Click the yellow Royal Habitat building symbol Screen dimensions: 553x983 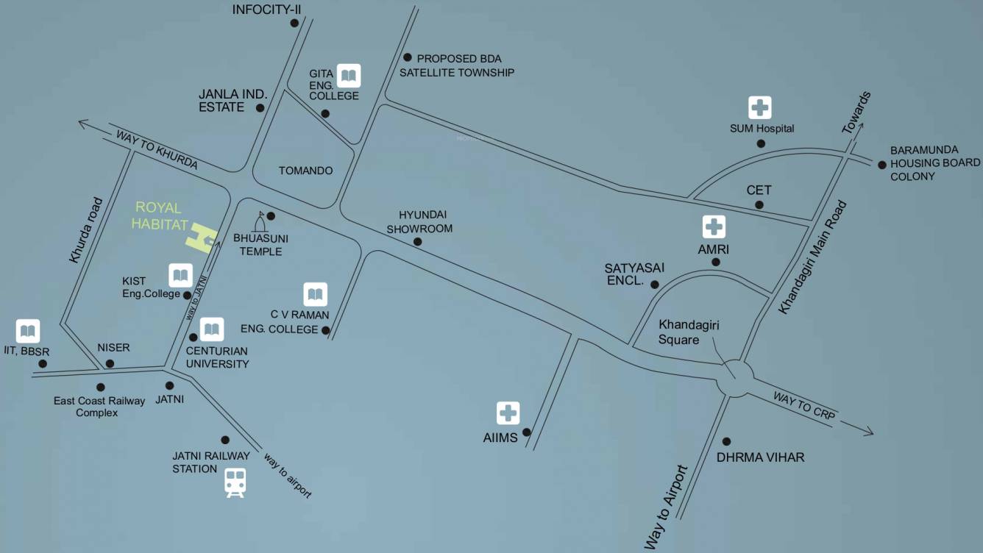coord(200,239)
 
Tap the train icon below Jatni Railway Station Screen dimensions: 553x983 coord(235,483)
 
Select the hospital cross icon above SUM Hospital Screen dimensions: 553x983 coord(759,107)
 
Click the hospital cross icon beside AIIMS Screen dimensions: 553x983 coord(508,413)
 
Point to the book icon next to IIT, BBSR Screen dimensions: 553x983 coord(28,331)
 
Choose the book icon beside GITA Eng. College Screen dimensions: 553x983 coord(348,75)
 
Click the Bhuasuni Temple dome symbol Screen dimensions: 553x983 coord(260,222)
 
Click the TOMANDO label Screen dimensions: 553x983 coord(305,171)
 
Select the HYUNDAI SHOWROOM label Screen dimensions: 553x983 coord(425,221)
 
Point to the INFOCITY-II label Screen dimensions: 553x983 coord(267,10)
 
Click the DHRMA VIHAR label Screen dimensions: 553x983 coord(760,457)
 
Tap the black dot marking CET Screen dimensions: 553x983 coord(759,205)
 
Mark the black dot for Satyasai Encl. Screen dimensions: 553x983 coord(654,285)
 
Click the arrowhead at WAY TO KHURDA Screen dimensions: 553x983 coord(82,124)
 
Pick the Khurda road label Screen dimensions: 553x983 coord(88,230)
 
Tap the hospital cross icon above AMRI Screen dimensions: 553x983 coord(714,226)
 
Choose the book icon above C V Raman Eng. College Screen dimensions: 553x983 coord(315,295)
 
